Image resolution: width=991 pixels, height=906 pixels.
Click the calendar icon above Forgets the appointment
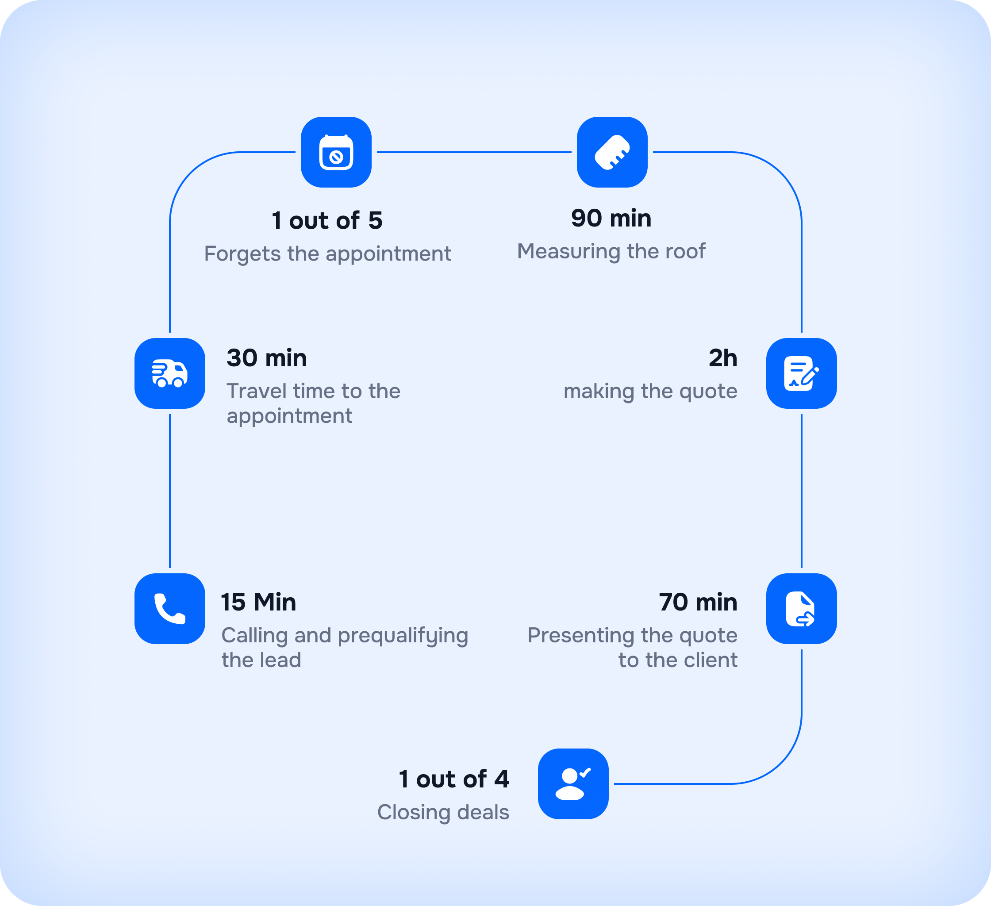pyautogui.click(x=336, y=152)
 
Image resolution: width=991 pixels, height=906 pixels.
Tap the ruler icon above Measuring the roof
pyautogui.click(x=612, y=152)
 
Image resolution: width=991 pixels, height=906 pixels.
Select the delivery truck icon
pyautogui.click(x=169, y=374)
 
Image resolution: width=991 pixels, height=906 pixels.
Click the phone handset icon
pyautogui.click(x=169, y=609)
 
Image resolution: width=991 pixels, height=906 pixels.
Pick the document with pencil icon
pyautogui.click(x=801, y=374)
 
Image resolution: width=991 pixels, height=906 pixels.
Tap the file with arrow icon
pyautogui.click(x=801, y=609)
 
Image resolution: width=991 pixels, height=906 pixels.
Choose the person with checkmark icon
pyautogui.click(x=573, y=783)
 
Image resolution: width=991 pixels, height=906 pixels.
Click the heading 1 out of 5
pyautogui.click(x=327, y=220)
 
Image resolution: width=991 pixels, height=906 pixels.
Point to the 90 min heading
pyautogui.click(x=611, y=218)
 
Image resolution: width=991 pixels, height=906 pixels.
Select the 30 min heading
pyautogui.click(x=266, y=358)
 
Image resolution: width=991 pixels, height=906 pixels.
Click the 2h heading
pyautogui.click(x=722, y=358)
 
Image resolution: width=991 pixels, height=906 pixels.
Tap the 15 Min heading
pyautogui.click(x=258, y=602)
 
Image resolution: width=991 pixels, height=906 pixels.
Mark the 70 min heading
pyautogui.click(x=698, y=602)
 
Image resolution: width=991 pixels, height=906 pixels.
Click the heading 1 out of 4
pyautogui.click(x=454, y=779)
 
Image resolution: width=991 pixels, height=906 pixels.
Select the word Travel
pyautogui.click(x=256, y=392)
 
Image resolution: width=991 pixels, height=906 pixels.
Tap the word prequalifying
pyautogui.click(x=403, y=636)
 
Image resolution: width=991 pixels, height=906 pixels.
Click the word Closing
pyautogui.click(x=413, y=813)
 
